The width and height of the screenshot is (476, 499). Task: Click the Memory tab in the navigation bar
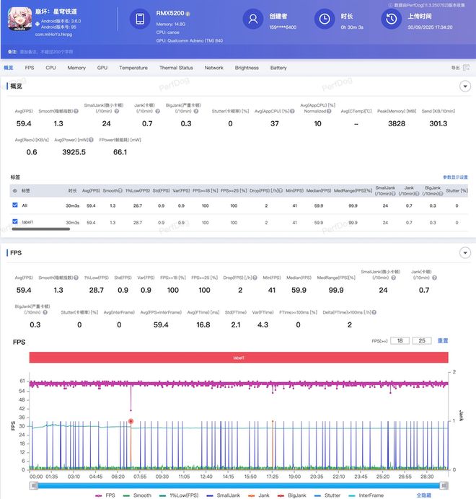pos(76,68)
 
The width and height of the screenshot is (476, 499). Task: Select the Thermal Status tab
pos(176,68)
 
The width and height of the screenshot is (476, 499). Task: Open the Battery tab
pos(278,68)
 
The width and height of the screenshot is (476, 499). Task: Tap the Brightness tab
pos(247,68)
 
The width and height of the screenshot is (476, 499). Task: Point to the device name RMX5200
pos(169,12)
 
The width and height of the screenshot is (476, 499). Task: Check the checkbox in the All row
pos(15,206)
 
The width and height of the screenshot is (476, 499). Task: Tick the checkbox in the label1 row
pos(15,222)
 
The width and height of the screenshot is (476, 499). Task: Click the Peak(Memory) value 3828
pos(397,123)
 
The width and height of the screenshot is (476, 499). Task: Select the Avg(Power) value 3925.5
pos(74,152)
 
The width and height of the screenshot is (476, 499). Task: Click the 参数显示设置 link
pos(455,177)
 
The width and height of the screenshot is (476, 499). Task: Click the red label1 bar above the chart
pos(239,358)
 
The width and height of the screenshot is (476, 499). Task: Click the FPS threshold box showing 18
pos(400,340)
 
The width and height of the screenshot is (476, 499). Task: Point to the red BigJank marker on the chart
pos(131,421)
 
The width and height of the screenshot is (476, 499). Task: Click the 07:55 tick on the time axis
pos(139,477)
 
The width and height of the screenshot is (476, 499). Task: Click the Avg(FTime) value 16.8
pos(203,324)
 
